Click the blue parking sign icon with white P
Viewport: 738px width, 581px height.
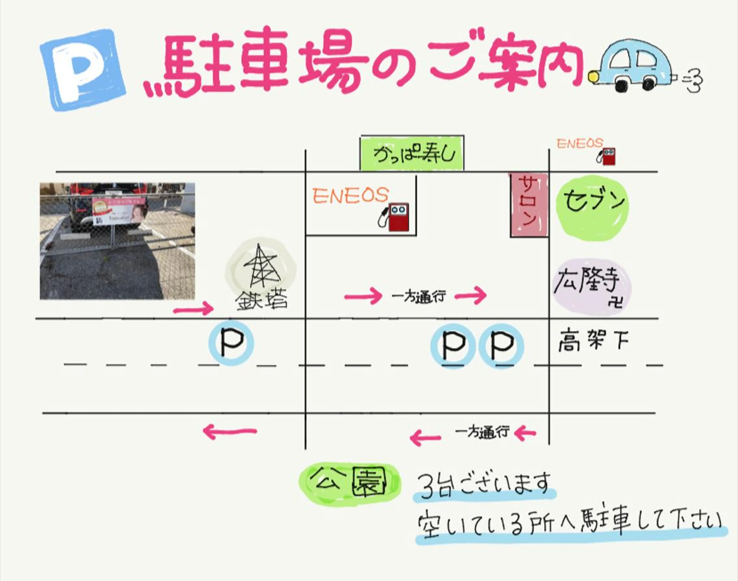(x=83, y=70)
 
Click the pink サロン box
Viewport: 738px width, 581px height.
(x=529, y=206)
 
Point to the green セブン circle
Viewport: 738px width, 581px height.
(x=592, y=207)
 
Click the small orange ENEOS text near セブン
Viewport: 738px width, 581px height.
(x=579, y=144)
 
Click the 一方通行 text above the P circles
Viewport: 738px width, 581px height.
(x=418, y=297)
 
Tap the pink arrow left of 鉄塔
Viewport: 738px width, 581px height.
(x=193, y=309)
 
